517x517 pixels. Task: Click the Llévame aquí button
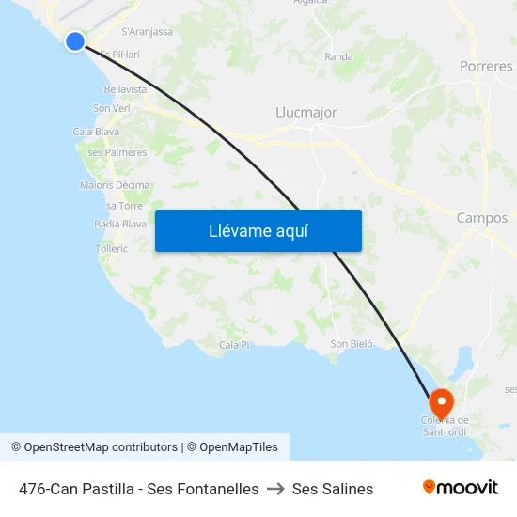(258, 231)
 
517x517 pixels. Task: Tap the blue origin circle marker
(75, 40)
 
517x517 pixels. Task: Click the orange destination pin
(441, 399)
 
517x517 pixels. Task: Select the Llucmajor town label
(306, 113)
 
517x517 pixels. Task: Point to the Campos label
(482, 218)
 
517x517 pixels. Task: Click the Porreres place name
(486, 67)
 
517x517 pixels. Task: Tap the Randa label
(338, 57)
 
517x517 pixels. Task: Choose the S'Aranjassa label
(147, 31)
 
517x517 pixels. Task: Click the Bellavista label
(126, 89)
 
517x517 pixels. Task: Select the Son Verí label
(111, 108)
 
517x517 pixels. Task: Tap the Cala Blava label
(96, 132)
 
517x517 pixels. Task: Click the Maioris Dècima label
(115, 185)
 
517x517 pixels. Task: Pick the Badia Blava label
(120, 224)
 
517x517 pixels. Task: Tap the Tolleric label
(111, 249)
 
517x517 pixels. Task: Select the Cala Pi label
(234, 345)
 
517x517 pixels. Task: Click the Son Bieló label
(352, 344)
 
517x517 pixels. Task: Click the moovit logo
(461, 488)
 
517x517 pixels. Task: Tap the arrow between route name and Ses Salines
(275, 489)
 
